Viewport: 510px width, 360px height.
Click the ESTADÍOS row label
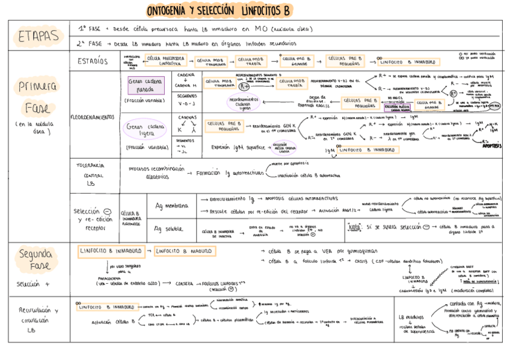point(93,61)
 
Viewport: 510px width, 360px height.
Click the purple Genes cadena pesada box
point(146,85)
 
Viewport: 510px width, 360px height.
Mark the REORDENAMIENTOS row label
point(94,117)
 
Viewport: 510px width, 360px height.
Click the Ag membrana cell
point(171,206)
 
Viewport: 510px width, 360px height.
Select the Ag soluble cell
point(169,229)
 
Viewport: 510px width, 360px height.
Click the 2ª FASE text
point(90,43)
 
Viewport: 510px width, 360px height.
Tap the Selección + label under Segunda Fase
point(34,283)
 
